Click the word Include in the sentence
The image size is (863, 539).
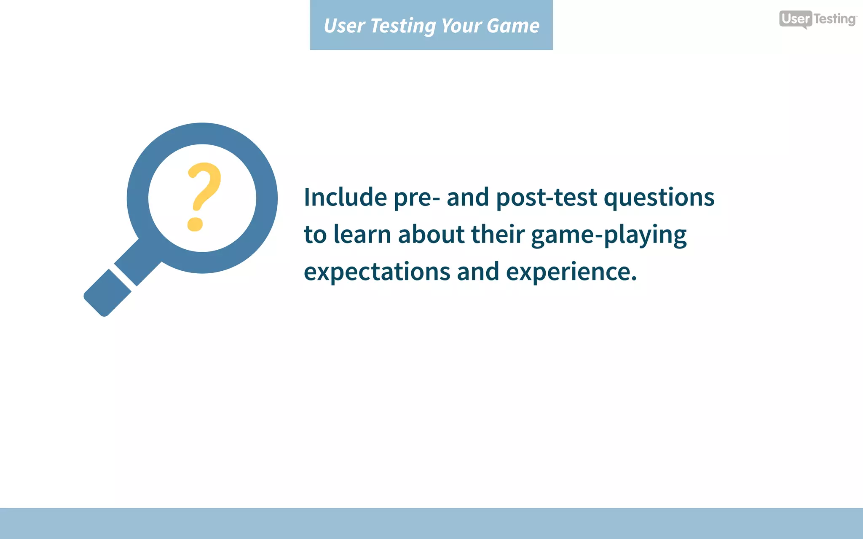tap(345, 197)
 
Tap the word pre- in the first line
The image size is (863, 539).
tap(417, 198)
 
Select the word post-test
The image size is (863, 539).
tap(546, 198)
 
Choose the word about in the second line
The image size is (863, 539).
tap(431, 234)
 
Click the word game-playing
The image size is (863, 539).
tap(608, 235)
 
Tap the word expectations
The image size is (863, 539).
tap(377, 272)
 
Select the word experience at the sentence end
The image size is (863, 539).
tap(571, 272)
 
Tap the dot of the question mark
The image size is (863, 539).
tap(195, 224)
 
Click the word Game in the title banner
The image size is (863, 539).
tap(512, 26)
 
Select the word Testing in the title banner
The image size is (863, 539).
tap(403, 26)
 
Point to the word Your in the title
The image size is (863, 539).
tap(461, 26)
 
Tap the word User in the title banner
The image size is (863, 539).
tap(344, 26)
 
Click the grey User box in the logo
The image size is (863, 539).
tap(795, 19)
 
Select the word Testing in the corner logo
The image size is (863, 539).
tap(834, 19)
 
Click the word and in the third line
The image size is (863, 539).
tap(478, 272)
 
